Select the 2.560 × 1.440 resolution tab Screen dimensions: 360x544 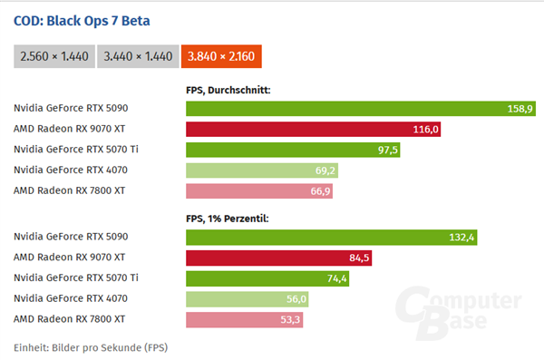53,56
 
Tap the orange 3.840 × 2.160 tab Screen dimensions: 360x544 221,56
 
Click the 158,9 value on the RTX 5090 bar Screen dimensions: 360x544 520,109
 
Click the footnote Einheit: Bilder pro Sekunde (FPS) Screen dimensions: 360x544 91,346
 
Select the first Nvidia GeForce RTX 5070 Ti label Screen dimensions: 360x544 76,150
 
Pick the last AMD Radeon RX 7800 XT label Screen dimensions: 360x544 69,319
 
